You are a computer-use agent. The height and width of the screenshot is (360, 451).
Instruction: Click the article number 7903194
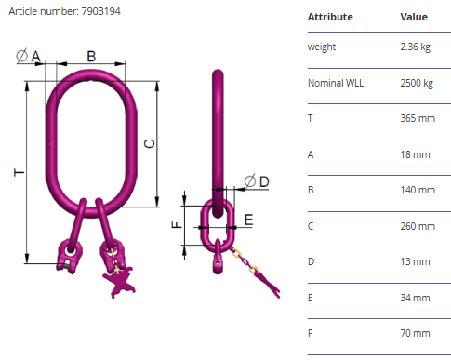[100, 11]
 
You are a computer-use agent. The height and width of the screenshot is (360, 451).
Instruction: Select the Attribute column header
[330, 17]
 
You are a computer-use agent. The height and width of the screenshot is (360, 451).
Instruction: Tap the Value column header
[414, 17]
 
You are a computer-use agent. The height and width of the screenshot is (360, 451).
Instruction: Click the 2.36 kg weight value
[416, 47]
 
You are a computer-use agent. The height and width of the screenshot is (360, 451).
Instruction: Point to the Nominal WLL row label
[336, 83]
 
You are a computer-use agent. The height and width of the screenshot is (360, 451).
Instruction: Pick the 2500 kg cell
[417, 83]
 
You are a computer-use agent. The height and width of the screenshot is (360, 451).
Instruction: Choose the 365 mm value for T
[418, 118]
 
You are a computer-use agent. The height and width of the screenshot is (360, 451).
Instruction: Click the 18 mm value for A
[415, 154]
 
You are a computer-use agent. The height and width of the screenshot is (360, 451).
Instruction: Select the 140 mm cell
[418, 190]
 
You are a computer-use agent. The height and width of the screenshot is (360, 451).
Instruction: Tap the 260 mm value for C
[418, 226]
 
